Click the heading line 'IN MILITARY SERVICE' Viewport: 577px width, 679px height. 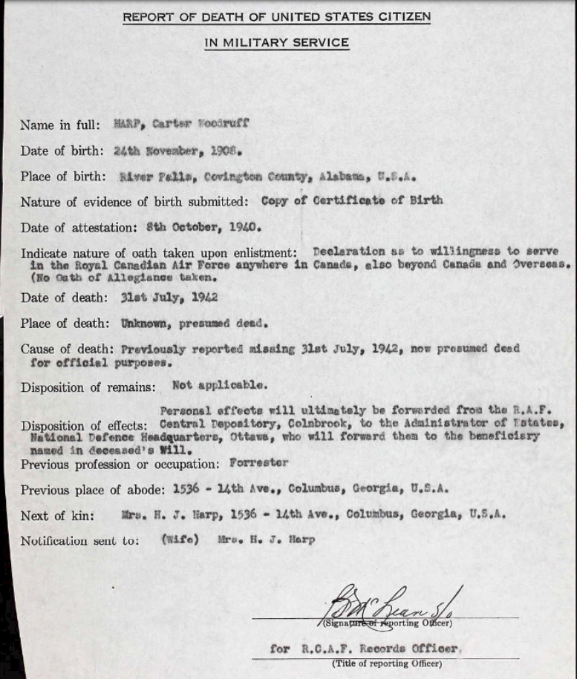click(276, 43)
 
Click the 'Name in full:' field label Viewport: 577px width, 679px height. click(58, 125)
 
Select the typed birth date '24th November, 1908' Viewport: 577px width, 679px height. click(175, 150)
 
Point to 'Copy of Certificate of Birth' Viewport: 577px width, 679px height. click(352, 200)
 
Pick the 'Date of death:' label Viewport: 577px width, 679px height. click(62, 298)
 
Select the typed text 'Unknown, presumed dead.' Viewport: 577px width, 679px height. click(194, 323)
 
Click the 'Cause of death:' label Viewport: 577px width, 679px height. click(65, 349)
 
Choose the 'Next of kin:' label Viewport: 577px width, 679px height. click(57, 516)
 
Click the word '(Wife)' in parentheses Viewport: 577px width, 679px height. click(180, 540)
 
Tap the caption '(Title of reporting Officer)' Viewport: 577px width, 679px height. click(386, 663)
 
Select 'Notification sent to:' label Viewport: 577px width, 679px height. click(79, 541)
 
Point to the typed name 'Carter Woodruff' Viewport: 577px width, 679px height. click(201, 124)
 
